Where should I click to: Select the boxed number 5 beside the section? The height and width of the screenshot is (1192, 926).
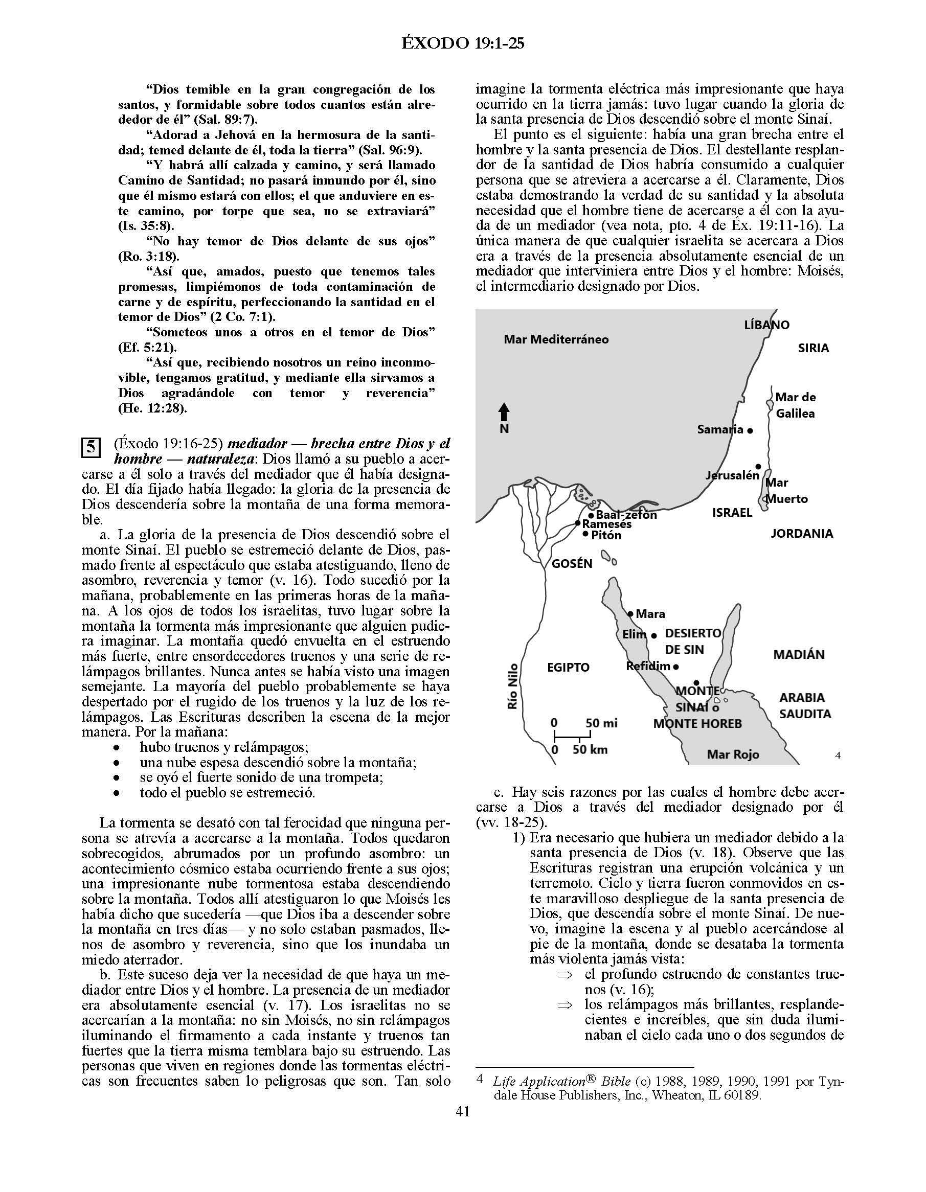pyautogui.click(x=91, y=448)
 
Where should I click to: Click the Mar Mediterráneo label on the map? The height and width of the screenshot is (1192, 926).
pyautogui.click(x=556, y=339)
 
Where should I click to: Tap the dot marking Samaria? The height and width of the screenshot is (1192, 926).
pyautogui.click(x=750, y=430)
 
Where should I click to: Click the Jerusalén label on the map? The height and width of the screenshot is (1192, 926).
pyautogui.click(x=732, y=475)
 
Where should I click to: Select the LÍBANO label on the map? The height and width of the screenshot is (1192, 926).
pyautogui.click(x=766, y=325)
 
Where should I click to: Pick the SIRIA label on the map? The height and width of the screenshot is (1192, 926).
pyautogui.click(x=813, y=348)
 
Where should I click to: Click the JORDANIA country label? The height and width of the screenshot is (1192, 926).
pyautogui.click(x=802, y=534)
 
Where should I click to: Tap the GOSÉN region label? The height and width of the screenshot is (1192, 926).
pyautogui.click(x=572, y=564)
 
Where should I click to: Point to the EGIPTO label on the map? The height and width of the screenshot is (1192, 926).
pyautogui.click(x=568, y=668)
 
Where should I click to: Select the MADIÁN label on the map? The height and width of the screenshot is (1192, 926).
pyautogui.click(x=799, y=654)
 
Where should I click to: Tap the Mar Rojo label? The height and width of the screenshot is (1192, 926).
pyautogui.click(x=733, y=755)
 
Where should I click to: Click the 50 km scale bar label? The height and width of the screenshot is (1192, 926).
pyautogui.click(x=590, y=750)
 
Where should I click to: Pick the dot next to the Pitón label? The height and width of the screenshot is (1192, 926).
pyautogui.click(x=586, y=535)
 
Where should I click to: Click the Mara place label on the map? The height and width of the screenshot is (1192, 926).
pyautogui.click(x=650, y=614)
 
